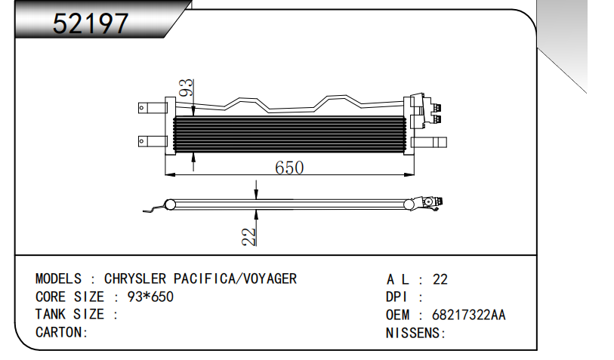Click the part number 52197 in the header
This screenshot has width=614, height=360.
click(91, 24)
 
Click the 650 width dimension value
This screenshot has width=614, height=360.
click(288, 168)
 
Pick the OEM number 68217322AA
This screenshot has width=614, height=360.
click(468, 315)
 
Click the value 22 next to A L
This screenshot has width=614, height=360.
click(440, 279)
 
